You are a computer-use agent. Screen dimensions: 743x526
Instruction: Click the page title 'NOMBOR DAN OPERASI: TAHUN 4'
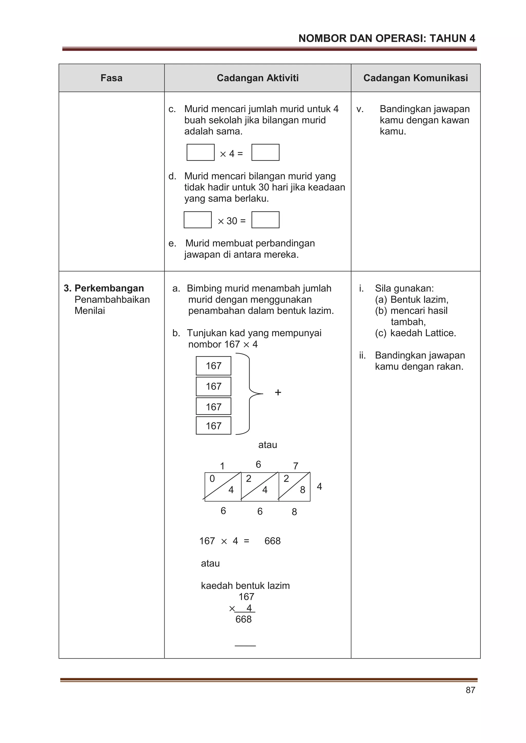tap(386, 38)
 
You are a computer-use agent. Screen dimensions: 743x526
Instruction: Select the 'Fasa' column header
tap(111, 78)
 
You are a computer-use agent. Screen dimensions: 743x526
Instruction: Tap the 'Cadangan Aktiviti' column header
tap(258, 78)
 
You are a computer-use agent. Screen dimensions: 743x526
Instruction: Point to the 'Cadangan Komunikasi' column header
tap(416, 78)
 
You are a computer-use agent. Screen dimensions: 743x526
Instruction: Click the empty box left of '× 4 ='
tap(200, 152)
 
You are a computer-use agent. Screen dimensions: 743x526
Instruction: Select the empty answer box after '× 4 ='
tap(265, 152)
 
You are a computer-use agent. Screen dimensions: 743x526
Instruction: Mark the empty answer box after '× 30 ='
tap(265, 220)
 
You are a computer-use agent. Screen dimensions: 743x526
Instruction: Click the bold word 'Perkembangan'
tap(109, 288)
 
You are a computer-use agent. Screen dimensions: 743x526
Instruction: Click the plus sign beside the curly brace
tap(278, 393)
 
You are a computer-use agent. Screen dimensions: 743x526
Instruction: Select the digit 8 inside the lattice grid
tap(302, 490)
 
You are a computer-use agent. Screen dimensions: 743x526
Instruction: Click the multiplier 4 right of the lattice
tap(319, 486)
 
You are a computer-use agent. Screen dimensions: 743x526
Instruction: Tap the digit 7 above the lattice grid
tap(295, 466)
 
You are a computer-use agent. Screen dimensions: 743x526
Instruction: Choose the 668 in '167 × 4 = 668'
tap(272, 541)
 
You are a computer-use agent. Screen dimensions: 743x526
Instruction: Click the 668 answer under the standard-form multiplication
tap(243, 619)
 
